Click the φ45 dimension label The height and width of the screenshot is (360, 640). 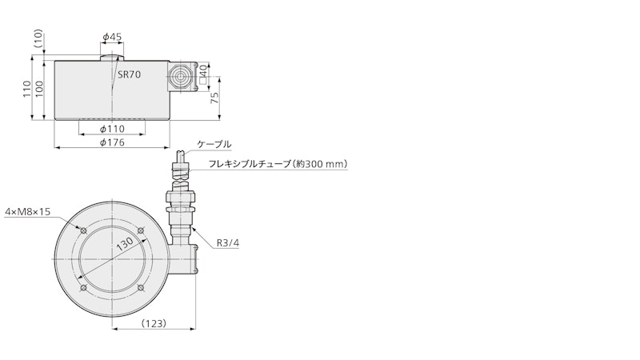(112, 37)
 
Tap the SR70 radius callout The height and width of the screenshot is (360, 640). (130, 74)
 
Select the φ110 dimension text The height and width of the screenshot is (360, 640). (112, 129)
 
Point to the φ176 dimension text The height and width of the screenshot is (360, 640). (112, 142)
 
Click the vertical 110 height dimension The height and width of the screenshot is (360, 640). (27, 89)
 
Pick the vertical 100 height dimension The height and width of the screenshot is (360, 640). (38, 89)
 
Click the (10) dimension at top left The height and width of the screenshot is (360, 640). (38, 38)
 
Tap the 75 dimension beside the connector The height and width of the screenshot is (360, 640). (214, 98)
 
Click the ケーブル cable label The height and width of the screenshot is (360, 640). (214, 144)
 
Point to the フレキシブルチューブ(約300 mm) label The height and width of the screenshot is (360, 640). (278, 164)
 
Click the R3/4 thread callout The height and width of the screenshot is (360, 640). (228, 243)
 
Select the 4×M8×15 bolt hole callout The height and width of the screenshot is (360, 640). (27, 211)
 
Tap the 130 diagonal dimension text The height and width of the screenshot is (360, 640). (125, 244)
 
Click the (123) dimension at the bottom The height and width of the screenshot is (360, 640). (154, 323)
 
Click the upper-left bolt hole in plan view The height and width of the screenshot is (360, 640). (84, 230)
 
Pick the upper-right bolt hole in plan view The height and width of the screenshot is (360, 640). (141, 230)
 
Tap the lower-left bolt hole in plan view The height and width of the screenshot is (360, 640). (84, 288)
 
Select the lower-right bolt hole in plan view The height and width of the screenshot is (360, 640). (141, 288)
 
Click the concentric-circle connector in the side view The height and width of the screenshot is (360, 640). (179, 76)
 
